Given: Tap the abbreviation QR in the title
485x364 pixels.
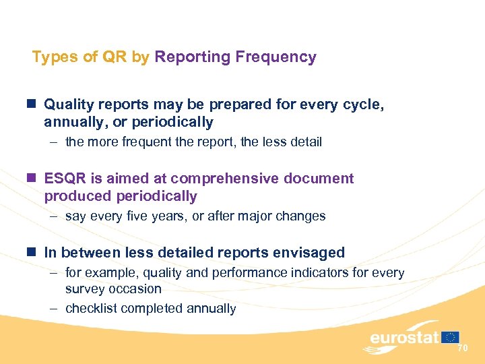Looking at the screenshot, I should point(115,57).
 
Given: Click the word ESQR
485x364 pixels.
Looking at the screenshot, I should point(63,179).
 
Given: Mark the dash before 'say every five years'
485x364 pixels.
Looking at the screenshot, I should point(55,216).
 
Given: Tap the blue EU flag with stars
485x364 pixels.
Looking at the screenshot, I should point(451,337).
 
